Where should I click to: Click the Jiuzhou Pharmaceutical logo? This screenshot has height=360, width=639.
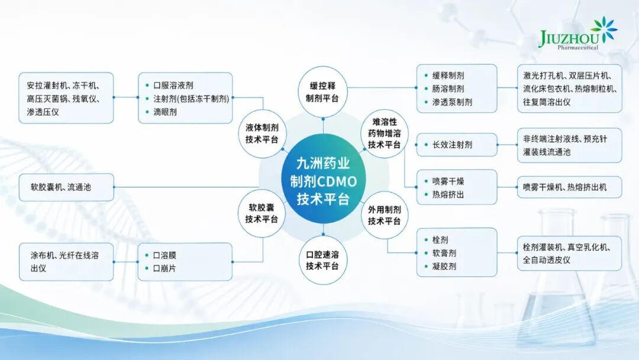point(578,34)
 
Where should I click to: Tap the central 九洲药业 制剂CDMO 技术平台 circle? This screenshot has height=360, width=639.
point(323,181)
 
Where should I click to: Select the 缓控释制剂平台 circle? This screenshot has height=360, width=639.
point(323,92)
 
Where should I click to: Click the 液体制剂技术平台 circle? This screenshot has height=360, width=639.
point(262,133)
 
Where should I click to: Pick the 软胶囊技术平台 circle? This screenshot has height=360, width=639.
point(262,213)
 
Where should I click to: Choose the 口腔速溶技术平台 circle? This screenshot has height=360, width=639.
point(323,260)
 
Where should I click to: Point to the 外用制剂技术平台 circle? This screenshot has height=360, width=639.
point(385,216)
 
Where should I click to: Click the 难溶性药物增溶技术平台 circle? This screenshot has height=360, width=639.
point(385,133)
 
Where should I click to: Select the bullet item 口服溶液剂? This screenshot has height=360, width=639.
point(169,85)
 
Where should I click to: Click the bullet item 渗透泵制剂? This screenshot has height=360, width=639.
point(448,102)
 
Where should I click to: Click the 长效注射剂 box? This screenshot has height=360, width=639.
point(457,144)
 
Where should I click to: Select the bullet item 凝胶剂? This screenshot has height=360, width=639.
point(440,266)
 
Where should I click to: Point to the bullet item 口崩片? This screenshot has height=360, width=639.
point(161,268)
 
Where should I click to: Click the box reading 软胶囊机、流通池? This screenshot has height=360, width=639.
point(66,187)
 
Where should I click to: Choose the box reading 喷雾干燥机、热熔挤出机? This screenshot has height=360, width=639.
point(570,187)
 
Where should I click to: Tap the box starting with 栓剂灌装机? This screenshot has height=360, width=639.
point(570,253)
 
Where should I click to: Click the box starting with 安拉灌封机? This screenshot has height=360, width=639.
point(66,98)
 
